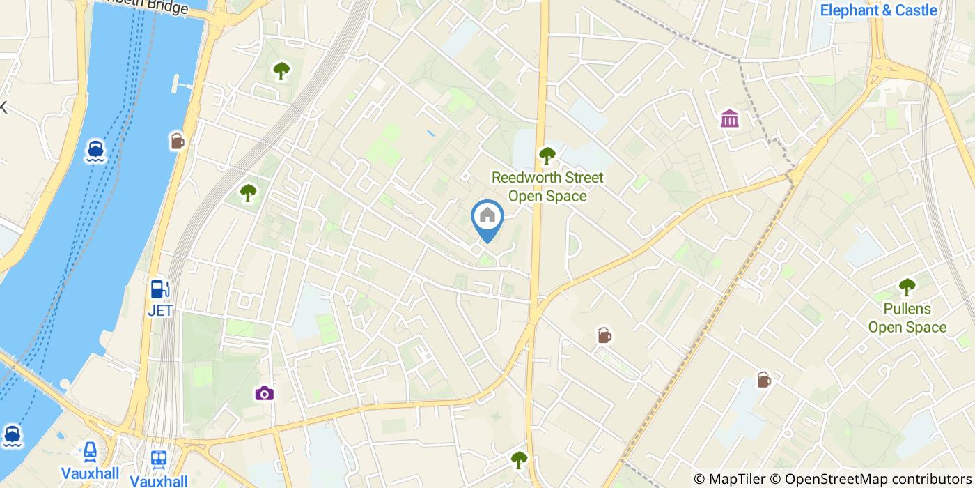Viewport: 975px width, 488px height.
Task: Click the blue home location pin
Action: [x=487, y=218]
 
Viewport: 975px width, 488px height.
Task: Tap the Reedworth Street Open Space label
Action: [x=547, y=186]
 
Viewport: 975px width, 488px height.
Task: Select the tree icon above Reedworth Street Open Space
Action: [x=547, y=155]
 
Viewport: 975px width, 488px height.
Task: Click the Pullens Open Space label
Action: [x=907, y=318]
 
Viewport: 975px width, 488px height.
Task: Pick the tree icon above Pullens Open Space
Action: [x=907, y=286]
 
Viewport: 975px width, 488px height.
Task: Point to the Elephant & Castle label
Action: [x=878, y=10]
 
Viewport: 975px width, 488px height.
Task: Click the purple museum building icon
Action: [x=730, y=119]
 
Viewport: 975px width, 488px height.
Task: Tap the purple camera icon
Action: [x=264, y=394]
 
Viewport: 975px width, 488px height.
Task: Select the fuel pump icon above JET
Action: [x=159, y=289]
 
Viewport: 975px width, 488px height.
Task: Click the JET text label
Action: [x=159, y=310]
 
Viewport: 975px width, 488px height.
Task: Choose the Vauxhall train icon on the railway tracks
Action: [x=159, y=459]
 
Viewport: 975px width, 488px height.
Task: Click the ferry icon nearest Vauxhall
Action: [x=11, y=436]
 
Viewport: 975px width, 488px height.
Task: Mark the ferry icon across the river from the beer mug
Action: [x=96, y=151]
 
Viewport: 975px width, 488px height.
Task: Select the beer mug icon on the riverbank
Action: [x=178, y=142]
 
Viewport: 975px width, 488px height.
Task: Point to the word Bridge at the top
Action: [x=167, y=8]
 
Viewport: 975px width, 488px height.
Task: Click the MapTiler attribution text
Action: [x=728, y=479]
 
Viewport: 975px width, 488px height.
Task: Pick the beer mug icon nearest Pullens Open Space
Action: [x=764, y=380]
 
